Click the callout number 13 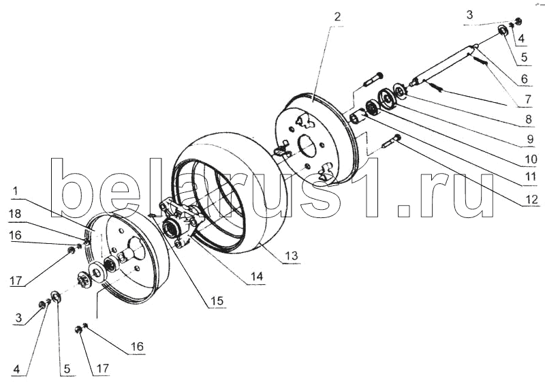(x=292, y=256)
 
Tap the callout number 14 (x=258, y=277)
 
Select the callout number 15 (x=217, y=300)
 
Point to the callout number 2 (x=337, y=16)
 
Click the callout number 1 (x=16, y=191)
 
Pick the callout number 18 (x=15, y=213)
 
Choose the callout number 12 (x=531, y=199)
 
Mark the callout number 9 (x=530, y=139)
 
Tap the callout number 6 (x=525, y=79)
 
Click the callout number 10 (x=531, y=159)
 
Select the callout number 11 (x=530, y=178)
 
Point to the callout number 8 (x=529, y=119)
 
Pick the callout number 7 (x=528, y=99)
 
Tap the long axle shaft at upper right (x=445, y=65)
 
